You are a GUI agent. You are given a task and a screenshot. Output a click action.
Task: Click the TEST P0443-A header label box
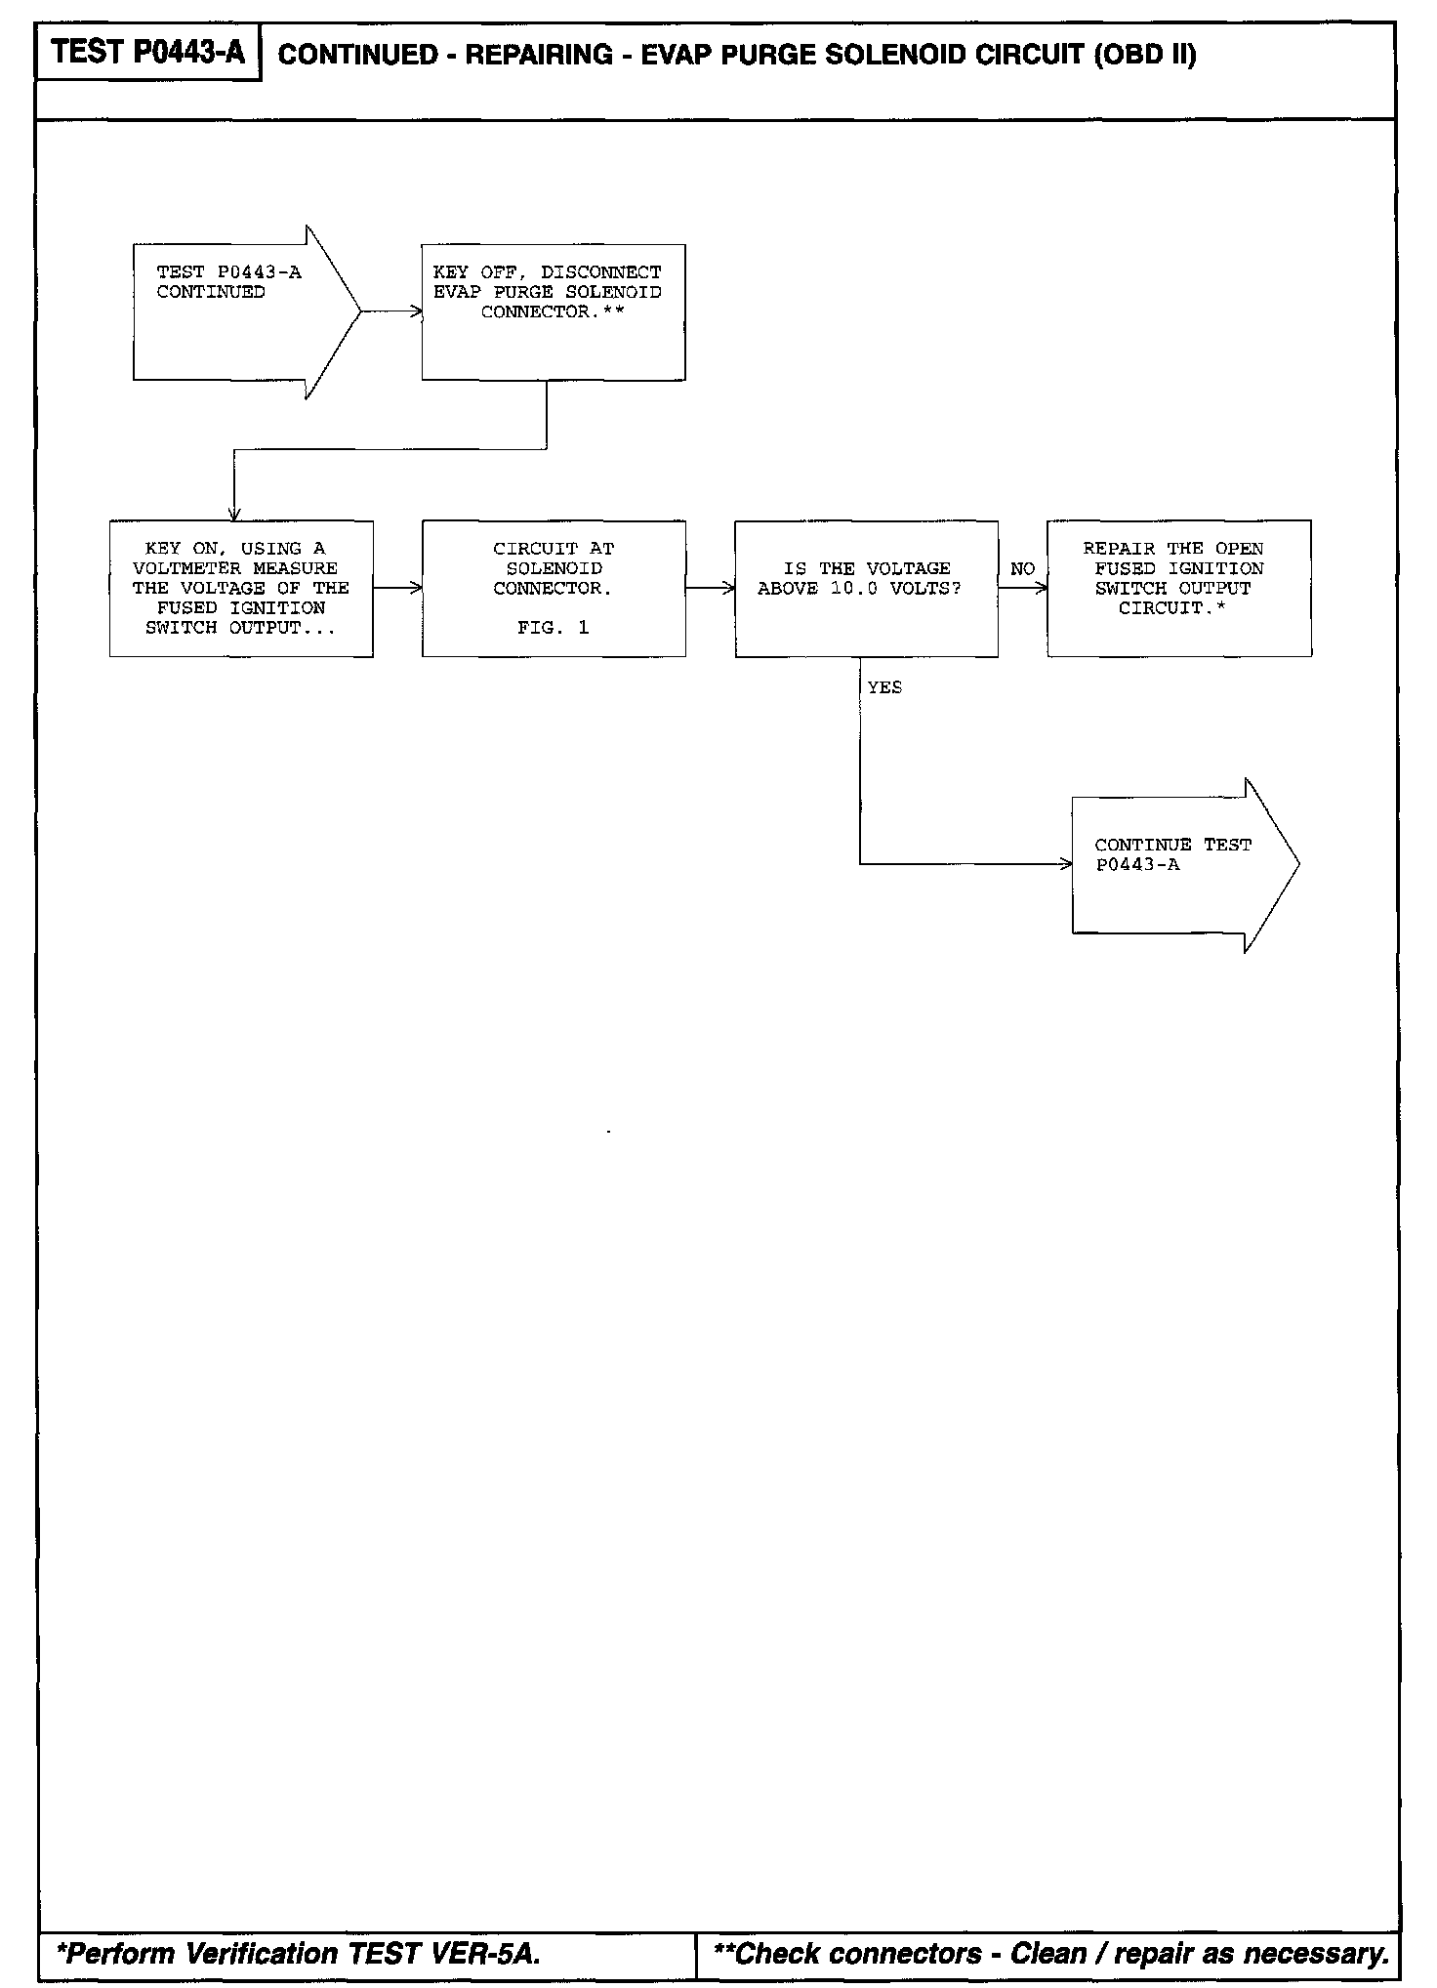(x=147, y=52)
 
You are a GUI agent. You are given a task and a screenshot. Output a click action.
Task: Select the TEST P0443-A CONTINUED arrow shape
(x=244, y=311)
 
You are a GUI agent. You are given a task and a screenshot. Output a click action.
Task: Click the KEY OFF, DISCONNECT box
(x=553, y=311)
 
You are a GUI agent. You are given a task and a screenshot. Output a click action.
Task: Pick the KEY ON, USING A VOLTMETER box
(x=241, y=588)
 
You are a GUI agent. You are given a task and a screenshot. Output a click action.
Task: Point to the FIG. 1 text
(x=553, y=628)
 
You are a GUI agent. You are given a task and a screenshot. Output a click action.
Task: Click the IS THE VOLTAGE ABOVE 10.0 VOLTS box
(x=866, y=588)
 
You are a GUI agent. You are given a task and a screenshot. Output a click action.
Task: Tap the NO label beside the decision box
(x=1022, y=569)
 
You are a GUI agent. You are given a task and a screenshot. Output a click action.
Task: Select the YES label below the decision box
(x=884, y=688)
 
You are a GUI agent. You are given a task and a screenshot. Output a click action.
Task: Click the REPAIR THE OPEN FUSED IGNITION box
(x=1178, y=588)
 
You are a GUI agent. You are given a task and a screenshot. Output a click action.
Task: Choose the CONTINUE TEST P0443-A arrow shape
(x=1181, y=864)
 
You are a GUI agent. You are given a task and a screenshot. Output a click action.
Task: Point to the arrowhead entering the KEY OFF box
(x=417, y=311)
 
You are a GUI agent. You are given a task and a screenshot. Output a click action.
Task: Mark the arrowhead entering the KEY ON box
(x=234, y=515)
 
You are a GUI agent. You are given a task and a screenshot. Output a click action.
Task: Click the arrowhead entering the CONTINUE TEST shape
(x=1066, y=864)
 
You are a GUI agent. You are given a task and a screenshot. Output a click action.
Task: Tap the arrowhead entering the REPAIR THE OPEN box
(x=1042, y=588)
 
